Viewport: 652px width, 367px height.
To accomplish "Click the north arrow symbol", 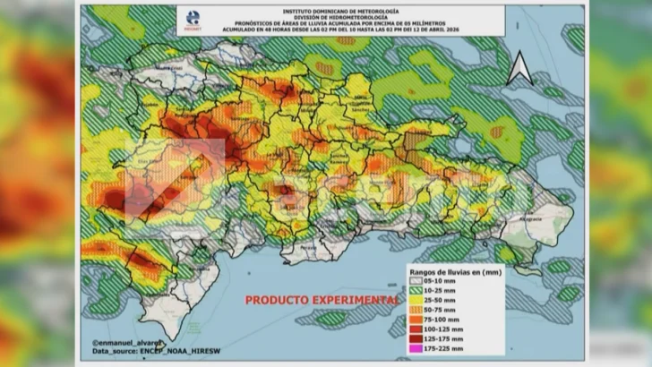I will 519,69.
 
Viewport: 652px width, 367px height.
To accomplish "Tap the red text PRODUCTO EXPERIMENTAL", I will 322,300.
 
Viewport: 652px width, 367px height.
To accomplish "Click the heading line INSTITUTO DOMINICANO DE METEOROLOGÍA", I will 347,10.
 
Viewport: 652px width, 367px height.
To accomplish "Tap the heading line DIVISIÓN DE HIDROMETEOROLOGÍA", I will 347,16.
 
